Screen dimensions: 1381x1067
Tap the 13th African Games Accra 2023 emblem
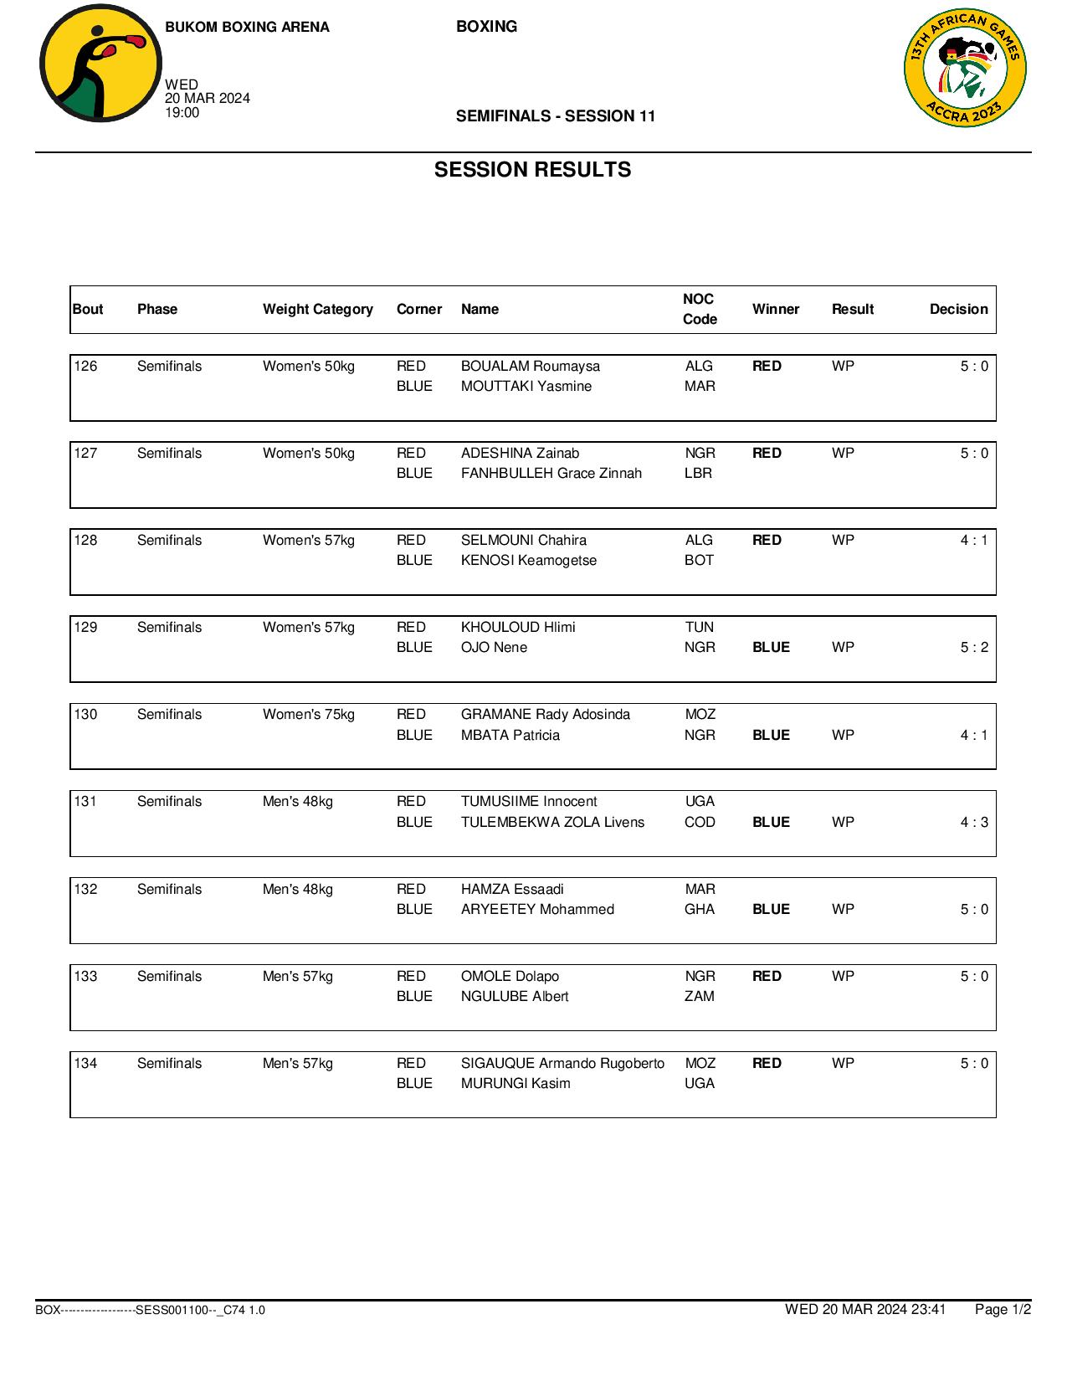coord(965,69)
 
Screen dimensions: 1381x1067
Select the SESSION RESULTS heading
coord(532,170)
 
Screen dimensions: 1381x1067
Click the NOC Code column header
coord(700,309)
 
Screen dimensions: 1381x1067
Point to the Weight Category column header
coord(317,309)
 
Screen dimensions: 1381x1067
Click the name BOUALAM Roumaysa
coord(530,366)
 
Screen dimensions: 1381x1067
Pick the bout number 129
coord(85,627)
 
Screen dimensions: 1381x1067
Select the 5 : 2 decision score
coord(973,647)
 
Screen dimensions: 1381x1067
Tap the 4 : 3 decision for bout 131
coord(973,822)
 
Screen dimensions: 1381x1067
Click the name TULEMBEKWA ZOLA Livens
coord(552,822)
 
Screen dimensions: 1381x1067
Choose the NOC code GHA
coord(700,909)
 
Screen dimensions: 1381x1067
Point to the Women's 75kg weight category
coord(308,714)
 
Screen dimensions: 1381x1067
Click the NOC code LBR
coord(698,473)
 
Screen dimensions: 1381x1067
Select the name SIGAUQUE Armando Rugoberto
coord(562,1063)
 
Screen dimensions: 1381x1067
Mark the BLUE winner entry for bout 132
coord(771,909)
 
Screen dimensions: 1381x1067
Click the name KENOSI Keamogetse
coord(528,560)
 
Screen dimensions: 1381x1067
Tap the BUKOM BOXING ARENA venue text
coord(247,27)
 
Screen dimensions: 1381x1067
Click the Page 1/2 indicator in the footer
coord(1003,1309)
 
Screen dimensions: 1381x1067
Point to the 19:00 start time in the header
coord(182,113)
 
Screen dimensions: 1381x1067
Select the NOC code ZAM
coord(699,996)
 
